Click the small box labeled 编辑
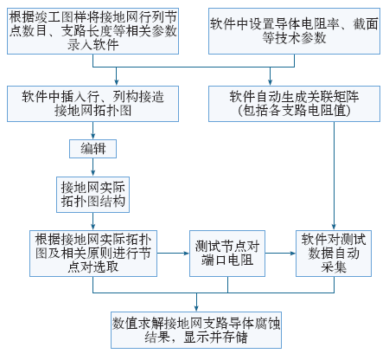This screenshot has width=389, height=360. pyautogui.click(x=92, y=149)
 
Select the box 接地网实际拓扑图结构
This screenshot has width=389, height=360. pyautogui.click(x=92, y=195)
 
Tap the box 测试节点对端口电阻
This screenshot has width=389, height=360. pyautogui.click(x=227, y=254)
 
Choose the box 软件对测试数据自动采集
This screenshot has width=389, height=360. pyautogui.click(x=334, y=254)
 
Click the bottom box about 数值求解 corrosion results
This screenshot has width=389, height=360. pyautogui.click(x=196, y=330)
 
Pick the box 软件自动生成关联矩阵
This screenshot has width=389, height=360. pyautogui.click(x=294, y=104)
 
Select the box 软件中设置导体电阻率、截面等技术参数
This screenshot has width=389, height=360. pyautogui.click(x=294, y=31)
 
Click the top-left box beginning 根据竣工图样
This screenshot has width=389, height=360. pyautogui.click(x=92, y=31)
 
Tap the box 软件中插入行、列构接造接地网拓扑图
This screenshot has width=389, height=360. pyautogui.click(x=92, y=104)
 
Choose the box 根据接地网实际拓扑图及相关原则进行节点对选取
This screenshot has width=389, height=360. pyautogui.click(x=93, y=254)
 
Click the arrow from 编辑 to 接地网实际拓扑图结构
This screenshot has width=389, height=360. pyautogui.click(x=92, y=167)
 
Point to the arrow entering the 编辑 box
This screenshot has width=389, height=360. pyautogui.click(x=92, y=131)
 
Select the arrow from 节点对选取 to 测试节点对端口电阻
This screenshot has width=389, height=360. pyautogui.click(x=173, y=254)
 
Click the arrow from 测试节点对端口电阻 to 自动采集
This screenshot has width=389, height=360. pyautogui.click(x=280, y=254)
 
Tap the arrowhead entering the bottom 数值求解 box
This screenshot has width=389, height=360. pyautogui.click(x=196, y=308)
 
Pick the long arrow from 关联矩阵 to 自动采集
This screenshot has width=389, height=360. pyautogui.click(x=334, y=176)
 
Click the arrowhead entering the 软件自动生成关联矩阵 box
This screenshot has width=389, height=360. pyautogui.click(x=270, y=82)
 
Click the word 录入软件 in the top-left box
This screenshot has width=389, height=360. pyautogui.click(x=92, y=45)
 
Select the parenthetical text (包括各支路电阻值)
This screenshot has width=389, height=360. pyautogui.click(x=294, y=111)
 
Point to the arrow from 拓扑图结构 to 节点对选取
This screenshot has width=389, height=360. pyautogui.click(x=92, y=222)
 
